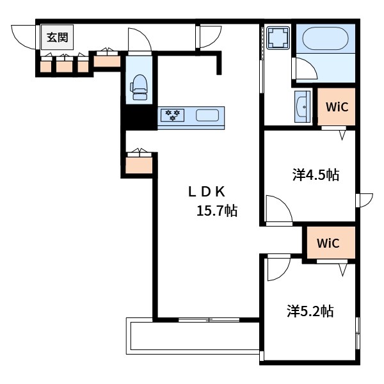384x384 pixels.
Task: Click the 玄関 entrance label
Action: click(58, 38)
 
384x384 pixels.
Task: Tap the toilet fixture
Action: click(140, 87)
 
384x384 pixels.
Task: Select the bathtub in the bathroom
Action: click(325, 38)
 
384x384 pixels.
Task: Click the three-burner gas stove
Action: click(172, 115)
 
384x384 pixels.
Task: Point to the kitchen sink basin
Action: click(207, 115)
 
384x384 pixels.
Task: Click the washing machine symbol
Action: click(278, 38)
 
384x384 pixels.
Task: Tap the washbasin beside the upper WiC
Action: click(303, 107)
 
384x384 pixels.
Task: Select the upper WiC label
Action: click(337, 107)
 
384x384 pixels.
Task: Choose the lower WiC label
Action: click(328, 243)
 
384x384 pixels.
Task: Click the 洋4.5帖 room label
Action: click(316, 175)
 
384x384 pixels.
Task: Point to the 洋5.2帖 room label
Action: click(310, 311)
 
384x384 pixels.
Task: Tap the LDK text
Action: click(207, 192)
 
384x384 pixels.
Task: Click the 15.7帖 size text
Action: click(217, 211)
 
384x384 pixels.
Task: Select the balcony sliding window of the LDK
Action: click(209, 319)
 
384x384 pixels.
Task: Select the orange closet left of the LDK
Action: click(139, 165)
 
